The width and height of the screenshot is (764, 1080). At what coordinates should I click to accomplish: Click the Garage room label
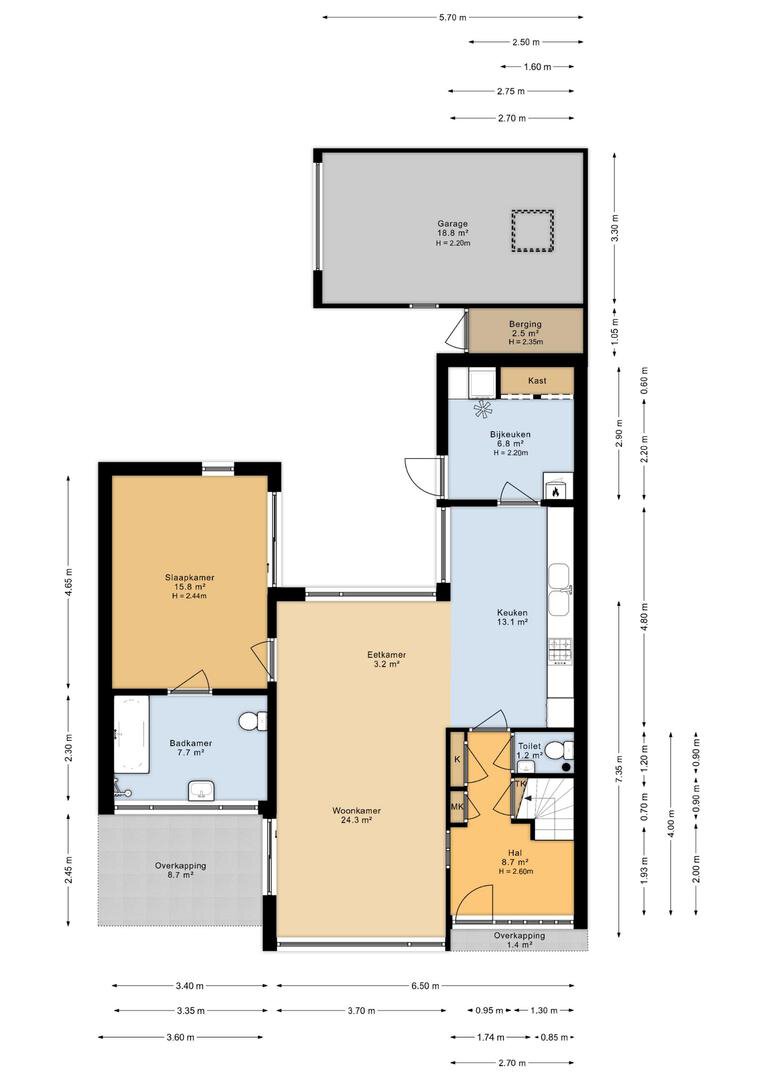coord(453,233)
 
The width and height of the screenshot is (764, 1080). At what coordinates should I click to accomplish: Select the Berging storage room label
coord(526,332)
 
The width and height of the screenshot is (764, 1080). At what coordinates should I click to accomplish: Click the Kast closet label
coord(537,380)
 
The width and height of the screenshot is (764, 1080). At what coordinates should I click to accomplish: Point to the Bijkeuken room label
coord(510,443)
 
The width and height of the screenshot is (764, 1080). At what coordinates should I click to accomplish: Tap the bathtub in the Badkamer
coord(132,735)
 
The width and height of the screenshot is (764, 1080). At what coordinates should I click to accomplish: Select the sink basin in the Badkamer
coord(201,791)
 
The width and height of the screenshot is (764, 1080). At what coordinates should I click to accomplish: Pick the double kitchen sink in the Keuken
coord(559,589)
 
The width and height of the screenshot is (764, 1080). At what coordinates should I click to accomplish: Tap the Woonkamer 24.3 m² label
coord(356,816)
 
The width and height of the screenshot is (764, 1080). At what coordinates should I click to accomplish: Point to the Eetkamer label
coord(386,654)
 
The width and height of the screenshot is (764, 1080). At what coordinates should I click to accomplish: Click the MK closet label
coord(457,807)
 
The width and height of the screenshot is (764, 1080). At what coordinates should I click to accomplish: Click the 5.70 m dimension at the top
coord(453,17)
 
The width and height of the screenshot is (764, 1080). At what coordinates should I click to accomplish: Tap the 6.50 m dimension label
coord(425,986)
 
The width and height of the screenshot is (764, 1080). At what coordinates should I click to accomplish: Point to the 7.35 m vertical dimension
coord(619,769)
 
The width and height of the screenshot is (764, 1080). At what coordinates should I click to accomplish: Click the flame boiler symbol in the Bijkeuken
coord(555,491)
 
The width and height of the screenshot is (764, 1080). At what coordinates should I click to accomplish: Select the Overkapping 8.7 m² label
coord(180,871)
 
